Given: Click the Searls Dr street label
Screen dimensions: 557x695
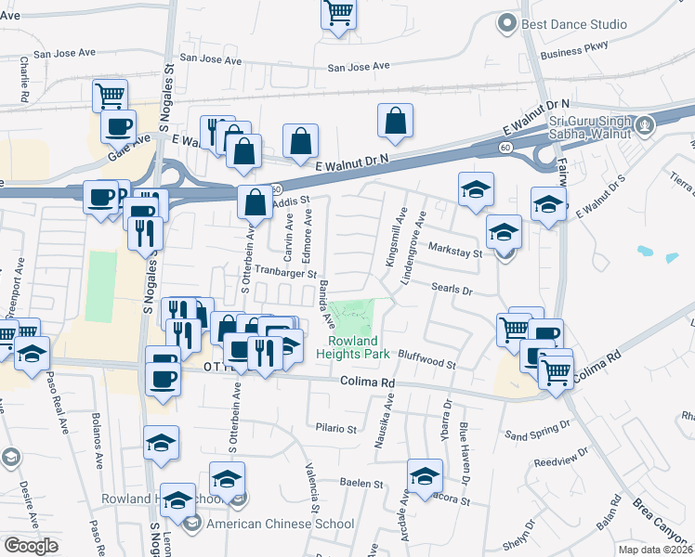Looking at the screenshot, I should [x=452, y=289].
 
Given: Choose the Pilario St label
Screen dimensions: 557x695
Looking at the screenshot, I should [x=336, y=429].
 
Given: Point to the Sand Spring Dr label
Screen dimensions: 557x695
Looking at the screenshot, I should [x=536, y=430].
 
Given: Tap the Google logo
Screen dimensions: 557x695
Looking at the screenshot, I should [x=31, y=545].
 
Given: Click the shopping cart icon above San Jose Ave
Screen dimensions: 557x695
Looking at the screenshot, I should [x=338, y=13].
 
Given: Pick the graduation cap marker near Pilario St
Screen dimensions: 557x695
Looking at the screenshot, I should [x=162, y=444].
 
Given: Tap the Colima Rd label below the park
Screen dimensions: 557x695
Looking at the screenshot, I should [x=368, y=382].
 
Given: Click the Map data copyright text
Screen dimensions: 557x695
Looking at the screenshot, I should [x=656, y=550].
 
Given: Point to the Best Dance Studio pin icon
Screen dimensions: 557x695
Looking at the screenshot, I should [x=506, y=23].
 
